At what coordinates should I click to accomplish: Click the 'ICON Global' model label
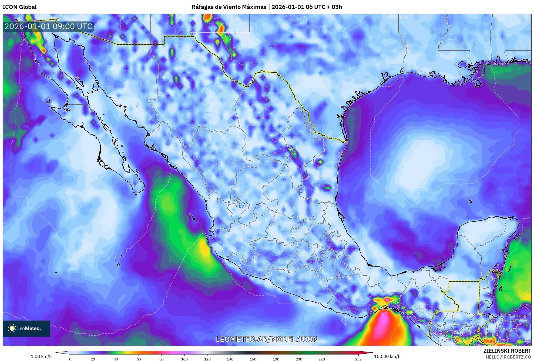[19, 7]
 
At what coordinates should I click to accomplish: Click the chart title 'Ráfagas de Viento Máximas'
[229, 7]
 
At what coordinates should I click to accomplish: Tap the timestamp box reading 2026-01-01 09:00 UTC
[48, 26]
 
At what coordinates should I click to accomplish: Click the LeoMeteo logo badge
[26, 328]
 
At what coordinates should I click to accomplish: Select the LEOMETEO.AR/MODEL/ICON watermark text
[267, 339]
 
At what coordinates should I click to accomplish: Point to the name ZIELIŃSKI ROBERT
[507, 351]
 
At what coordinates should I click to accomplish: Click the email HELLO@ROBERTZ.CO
[508, 357]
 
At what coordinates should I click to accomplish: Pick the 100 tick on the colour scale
[184, 359]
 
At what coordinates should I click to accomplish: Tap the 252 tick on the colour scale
[358, 359]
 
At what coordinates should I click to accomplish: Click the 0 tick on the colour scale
[70, 359]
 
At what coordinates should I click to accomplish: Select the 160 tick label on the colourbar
[253, 359]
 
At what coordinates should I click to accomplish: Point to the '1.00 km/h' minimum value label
[41, 356]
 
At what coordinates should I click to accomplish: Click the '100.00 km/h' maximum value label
[387, 356]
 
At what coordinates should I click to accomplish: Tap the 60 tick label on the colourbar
[139, 359]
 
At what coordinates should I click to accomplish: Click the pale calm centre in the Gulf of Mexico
[421, 159]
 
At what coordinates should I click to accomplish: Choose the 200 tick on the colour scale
[299, 359]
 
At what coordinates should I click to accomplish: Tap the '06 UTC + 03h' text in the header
[324, 7]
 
